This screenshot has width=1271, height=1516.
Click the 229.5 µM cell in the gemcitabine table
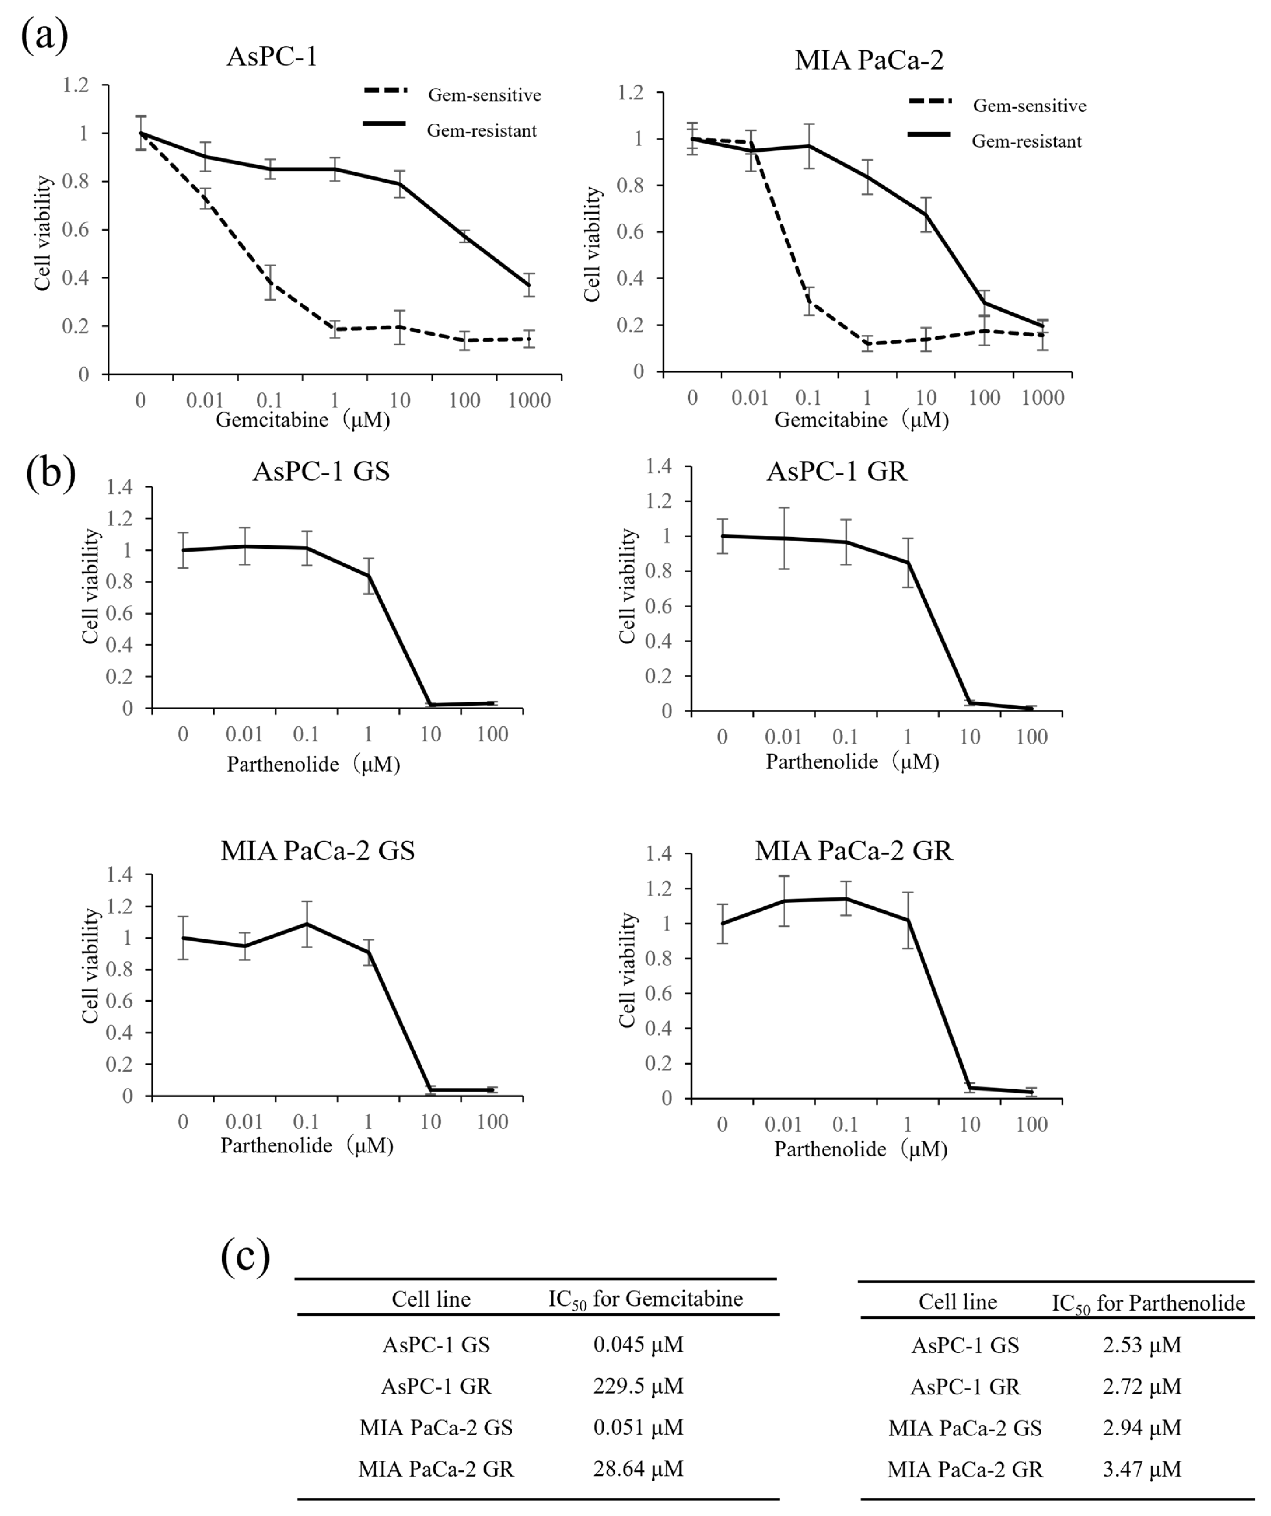pyautogui.click(x=638, y=1386)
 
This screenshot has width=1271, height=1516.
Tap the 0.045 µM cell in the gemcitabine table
pyautogui.click(x=638, y=1344)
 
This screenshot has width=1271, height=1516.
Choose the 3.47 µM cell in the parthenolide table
pyautogui.click(x=1142, y=1469)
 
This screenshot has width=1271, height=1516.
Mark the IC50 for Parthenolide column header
pyautogui.click(x=1148, y=1303)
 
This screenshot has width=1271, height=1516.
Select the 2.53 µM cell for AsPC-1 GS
pyautogui.click(x=1142, y=1345)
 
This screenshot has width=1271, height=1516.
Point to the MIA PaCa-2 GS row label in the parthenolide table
pyautogui.click(x=965, y=1428)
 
